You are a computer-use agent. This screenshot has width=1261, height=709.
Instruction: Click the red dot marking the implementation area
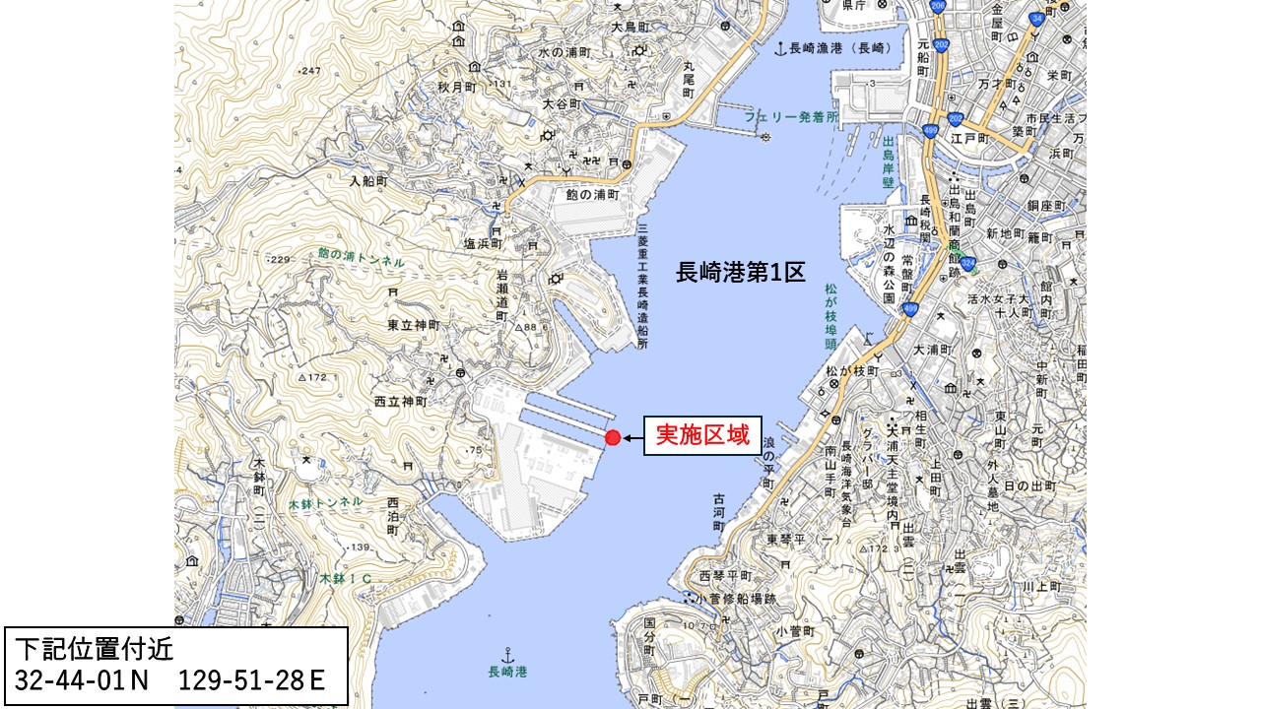[x=613, y=437]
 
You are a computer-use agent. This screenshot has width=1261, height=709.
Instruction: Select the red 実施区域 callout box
[x=702, y=435]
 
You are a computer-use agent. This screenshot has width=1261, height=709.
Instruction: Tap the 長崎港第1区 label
[x=740, y=273]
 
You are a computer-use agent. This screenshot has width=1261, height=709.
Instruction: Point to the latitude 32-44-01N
[x=82, y=680]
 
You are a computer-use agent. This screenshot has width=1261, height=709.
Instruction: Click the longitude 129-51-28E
[x=252, y=680]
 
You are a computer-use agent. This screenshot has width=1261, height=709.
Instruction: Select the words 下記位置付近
[x=95, y=649]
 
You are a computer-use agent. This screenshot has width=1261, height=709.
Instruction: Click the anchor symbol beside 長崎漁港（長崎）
[x=780, y=47]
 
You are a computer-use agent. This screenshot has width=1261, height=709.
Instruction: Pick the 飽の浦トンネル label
[x=361, y=257]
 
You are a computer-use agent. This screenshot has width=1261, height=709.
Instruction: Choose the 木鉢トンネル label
[x=325, y=503]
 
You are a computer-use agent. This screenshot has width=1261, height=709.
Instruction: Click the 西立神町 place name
[x=400, y=403]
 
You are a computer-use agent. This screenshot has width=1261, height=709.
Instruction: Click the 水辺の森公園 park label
[x=889, y=263]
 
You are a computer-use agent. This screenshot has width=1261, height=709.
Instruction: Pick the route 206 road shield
[x=937, y=6]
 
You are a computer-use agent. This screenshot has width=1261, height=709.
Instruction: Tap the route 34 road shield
[x=1036, y=19]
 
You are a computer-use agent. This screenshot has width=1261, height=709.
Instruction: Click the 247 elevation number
[x=311, y=71]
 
